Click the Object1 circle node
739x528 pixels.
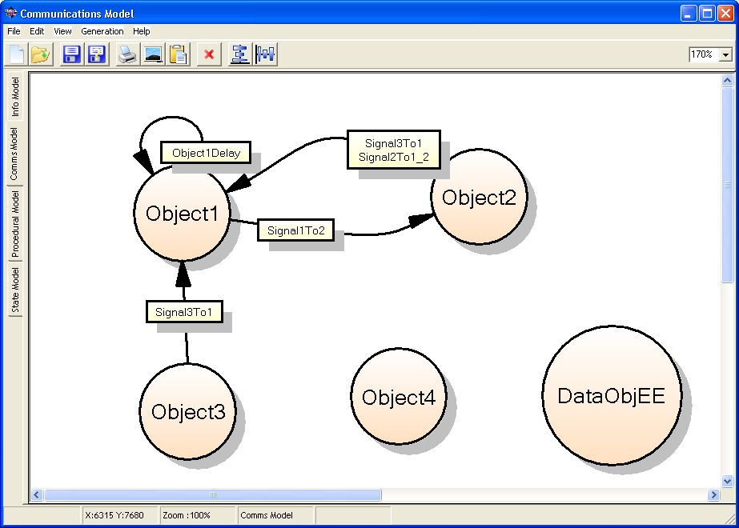(183, 214)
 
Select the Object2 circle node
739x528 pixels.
(479, 197)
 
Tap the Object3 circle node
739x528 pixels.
(187, 411)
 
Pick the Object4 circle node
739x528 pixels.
(399, 396)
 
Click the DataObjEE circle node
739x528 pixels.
(612, 396)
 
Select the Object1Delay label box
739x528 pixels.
(206, 153)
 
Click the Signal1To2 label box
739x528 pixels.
(296, 230)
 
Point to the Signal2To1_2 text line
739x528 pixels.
(394, 157)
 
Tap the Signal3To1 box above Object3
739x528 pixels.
(184, 312)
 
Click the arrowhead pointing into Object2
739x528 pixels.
(421, 219)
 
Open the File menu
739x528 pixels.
(14, 31)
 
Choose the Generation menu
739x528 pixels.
(102, 31)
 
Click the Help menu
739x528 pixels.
(142, 31)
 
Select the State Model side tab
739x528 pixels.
(15, 290)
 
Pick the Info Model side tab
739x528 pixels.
(15, 97)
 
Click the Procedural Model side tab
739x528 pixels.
(15, 224)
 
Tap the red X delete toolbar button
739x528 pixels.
(209, 54)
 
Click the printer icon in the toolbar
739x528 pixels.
(127, 54)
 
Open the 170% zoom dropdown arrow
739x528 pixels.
(725, 54)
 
